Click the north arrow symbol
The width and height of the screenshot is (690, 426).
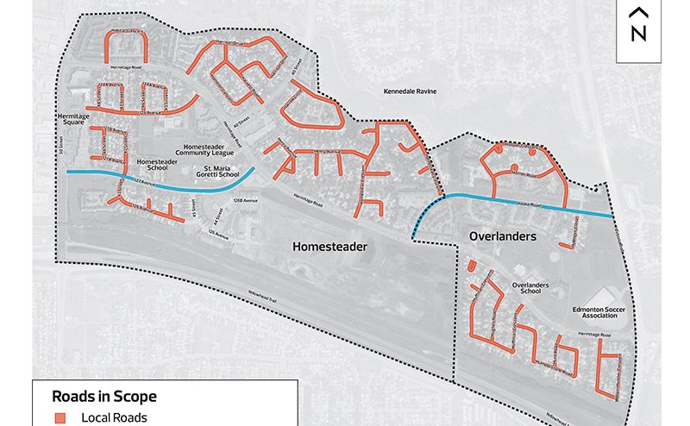pos(638,26)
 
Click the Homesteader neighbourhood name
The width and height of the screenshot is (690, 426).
pos(329,247)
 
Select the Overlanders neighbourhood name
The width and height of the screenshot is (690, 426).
pos(503,235)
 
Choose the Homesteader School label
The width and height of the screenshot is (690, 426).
pos(158,165)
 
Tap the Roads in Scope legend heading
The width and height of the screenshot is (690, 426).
pos(104,397)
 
